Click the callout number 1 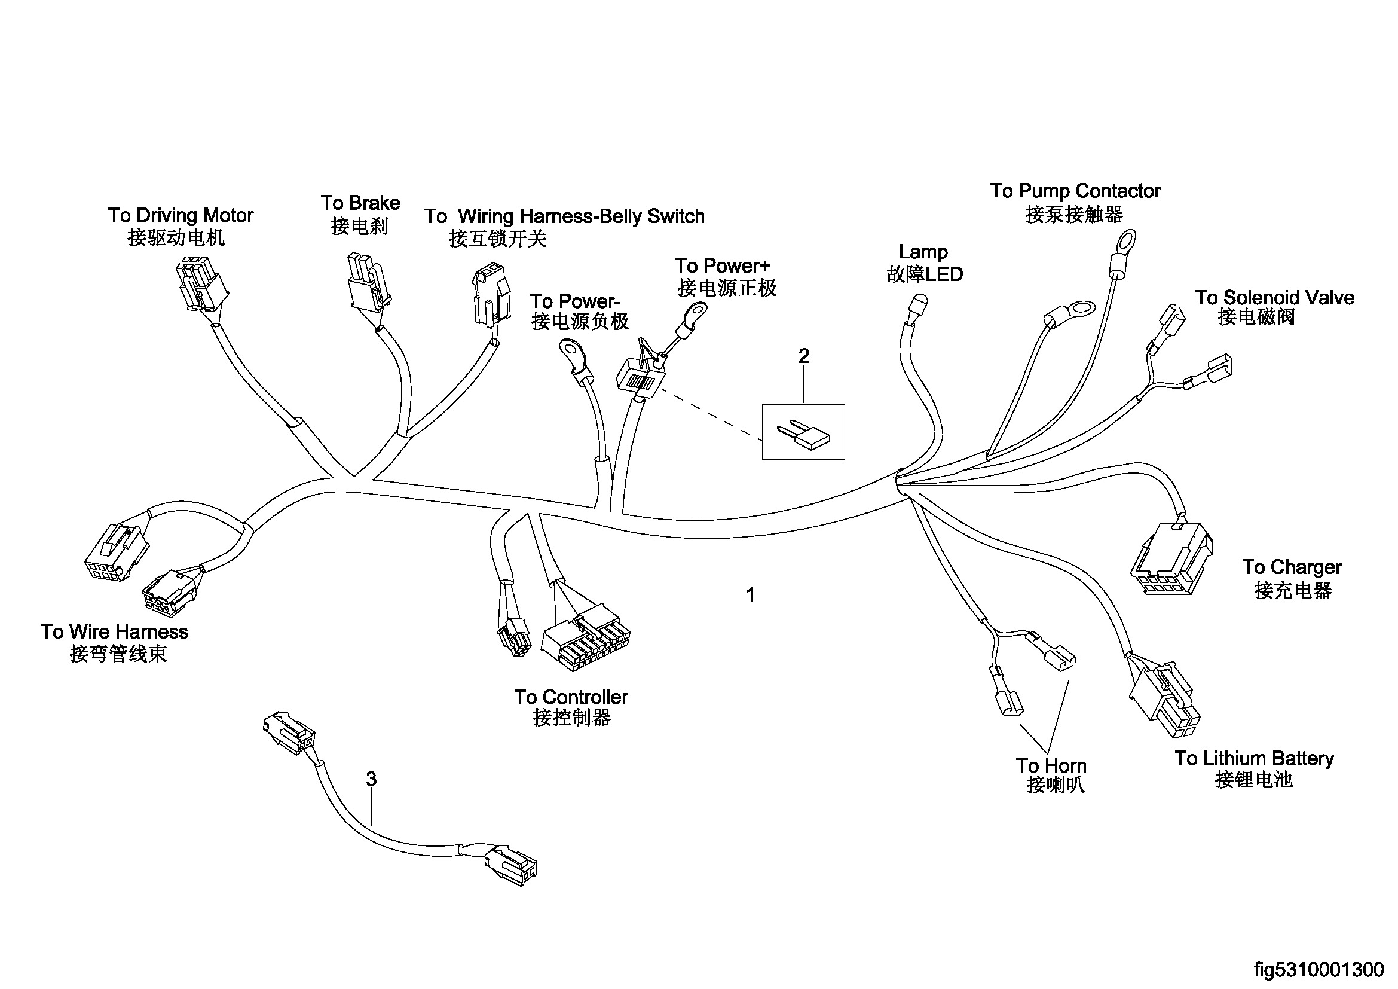click(751, 595)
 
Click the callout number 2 click(804, 356)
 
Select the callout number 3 click(371, 779)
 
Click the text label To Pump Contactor click(1075, 191)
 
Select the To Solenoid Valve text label click(1274, 298)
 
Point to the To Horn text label click(1051, 765)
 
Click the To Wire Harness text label click(115, 631)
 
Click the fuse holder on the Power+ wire click(641, 373)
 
